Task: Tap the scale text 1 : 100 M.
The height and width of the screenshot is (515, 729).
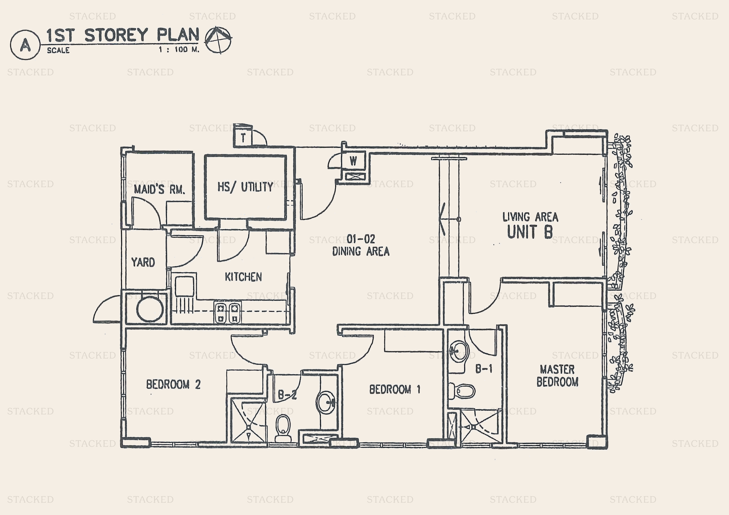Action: click(x=179, y=50)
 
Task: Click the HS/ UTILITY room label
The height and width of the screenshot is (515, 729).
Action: click(x=245, y=187)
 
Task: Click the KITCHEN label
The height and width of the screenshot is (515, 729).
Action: click(x=243, y=277)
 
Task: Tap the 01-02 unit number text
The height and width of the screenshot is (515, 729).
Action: click(x=361, y=239)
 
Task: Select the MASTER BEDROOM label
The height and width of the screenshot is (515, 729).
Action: click(x=557, y=375)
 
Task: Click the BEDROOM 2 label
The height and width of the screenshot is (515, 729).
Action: click(x=173, y=385)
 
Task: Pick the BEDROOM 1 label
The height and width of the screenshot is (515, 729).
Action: click(x=395, y=389)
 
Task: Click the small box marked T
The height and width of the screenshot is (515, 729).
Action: click(x=243, y=138)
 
